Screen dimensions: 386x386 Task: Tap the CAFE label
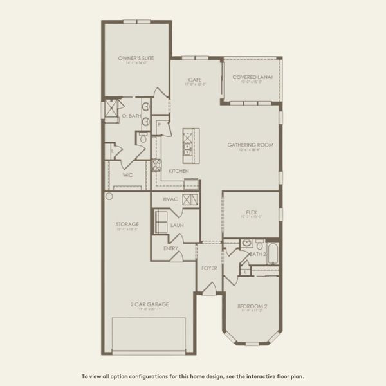tap(195, 80)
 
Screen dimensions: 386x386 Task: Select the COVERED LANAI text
tap(252, 77)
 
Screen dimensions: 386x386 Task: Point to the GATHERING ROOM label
tap(250, 145)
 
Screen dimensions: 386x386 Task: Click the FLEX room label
tap(252, 212)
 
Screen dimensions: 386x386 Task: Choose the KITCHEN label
tap(179, 171)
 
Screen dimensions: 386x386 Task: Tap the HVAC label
tap(170, 199)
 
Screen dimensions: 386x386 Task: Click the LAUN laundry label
tap(177, 226)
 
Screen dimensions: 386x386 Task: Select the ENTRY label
tap(170, 248)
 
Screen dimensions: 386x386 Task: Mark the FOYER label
tap(209, 268)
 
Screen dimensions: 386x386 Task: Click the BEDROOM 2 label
tap(252, 306)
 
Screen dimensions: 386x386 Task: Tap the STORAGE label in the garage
tap(127, 225)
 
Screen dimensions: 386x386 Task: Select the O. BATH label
tap(133, 116)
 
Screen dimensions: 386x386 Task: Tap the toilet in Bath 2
tap(259, 244)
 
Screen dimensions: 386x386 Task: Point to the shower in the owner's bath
tap(112, 109)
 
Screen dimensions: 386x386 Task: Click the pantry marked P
tap(159, 125)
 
